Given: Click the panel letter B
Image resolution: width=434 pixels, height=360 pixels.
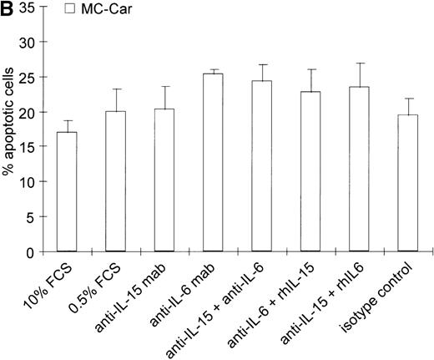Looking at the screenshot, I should pyautogui.click(x=8, y=8).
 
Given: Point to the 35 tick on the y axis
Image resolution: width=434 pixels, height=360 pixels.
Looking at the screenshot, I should pyautogui.click(x=30, y=8).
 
